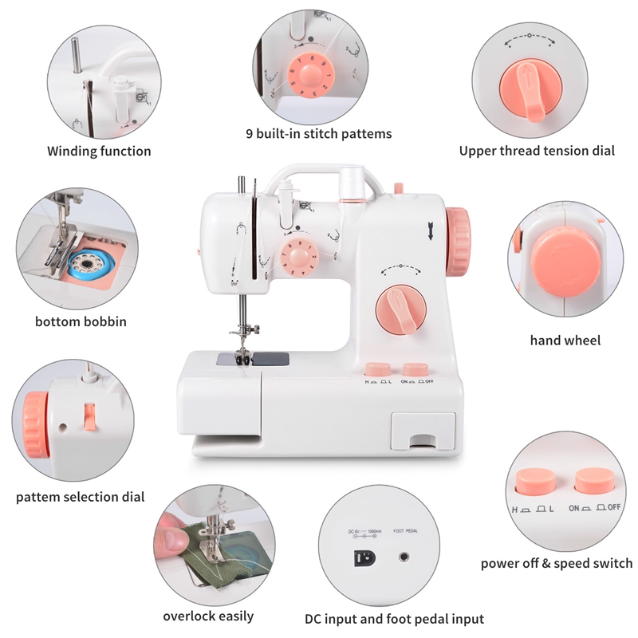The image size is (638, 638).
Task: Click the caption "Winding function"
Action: point(99,151)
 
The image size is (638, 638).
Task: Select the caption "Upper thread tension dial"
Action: point(537,151)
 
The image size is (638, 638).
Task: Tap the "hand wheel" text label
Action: point(565,341)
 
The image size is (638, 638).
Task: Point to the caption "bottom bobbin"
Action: point(81,322)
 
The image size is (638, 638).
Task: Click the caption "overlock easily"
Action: point(208,616)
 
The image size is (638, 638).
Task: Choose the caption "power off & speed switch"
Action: point(556,563)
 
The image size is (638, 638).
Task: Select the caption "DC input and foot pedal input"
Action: point(394,619)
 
